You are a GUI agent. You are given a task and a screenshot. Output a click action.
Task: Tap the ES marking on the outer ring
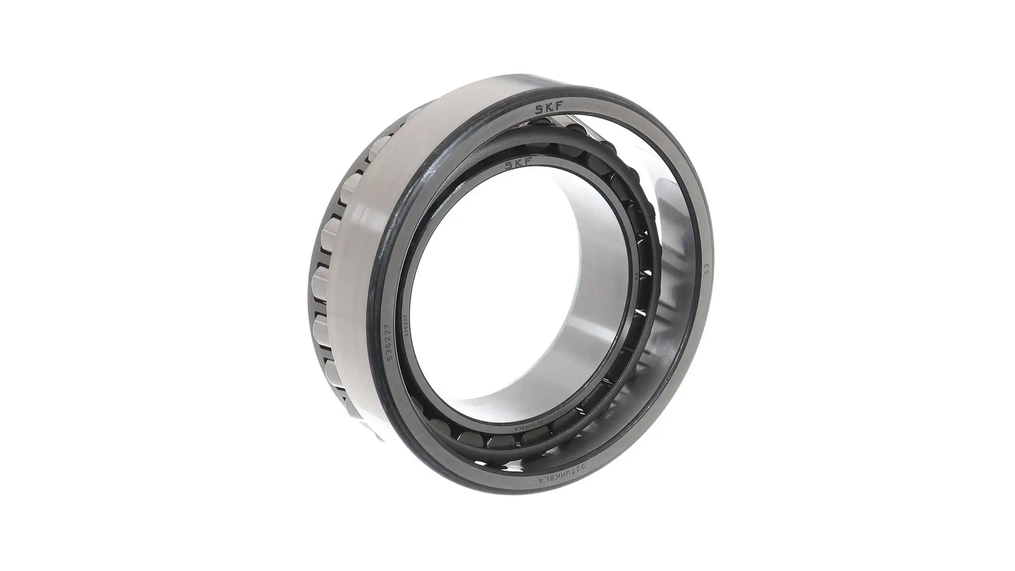pyautogui.click(x=706, y=269)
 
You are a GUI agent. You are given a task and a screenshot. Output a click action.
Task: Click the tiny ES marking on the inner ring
pyautogui.click(x=636, y=276)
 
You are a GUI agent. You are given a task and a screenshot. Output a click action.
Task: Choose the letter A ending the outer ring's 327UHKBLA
pyautogui.click(x=541, y=480)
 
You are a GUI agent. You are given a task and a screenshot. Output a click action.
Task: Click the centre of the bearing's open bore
pyautogui.click(x=508, y=296)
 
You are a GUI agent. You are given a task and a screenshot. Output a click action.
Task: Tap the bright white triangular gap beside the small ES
pyautogui.click(x=648, y=272)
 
